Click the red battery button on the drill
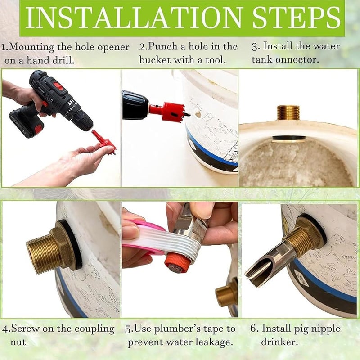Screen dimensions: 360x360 [x=58, y=85]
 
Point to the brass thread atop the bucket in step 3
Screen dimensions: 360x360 [x=288, y=112]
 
